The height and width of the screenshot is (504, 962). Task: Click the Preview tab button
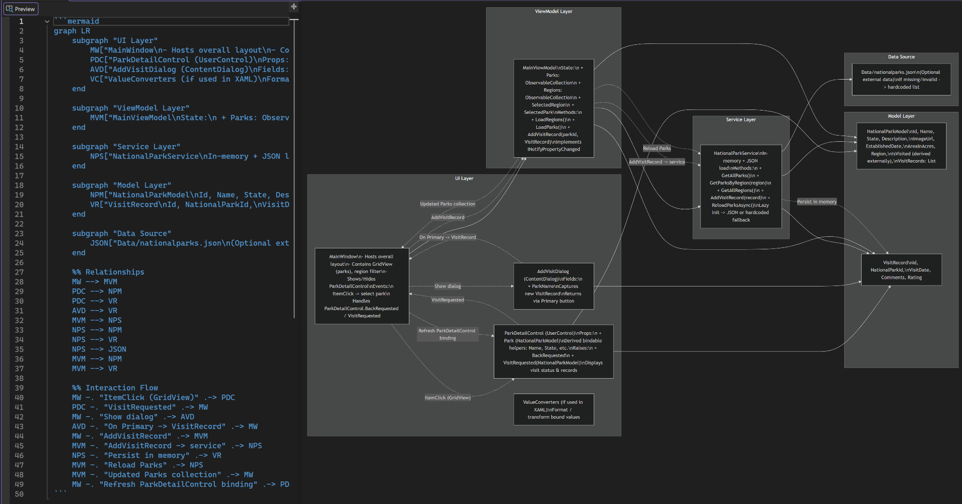(x=21, y=9)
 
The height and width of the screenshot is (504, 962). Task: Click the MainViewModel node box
(x=554, y=109)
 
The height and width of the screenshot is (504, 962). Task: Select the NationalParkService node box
(x=741, y=186)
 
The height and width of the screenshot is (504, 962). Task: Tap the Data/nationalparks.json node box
(x=901, y=80)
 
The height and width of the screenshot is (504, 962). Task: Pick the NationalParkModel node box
(x=901, y=146)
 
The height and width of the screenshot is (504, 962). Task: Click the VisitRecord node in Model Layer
(x=901, y=270)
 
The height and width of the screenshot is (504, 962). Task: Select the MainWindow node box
(x=362, y=286)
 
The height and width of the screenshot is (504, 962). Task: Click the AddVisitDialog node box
(x=554, y=286)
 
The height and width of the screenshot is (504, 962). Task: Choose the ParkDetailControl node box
(x=554, y=352)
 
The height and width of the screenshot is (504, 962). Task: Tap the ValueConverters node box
(x=554, y=409)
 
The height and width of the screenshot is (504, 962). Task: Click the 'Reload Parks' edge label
(x=656, y=149)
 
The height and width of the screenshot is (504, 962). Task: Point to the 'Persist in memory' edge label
(x=817, y=202)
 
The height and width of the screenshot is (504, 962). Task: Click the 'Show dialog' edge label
(x=447, y=286)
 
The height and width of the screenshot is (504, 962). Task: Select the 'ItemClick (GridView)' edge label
(x=447, y=398)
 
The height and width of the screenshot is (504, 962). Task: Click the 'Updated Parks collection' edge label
(x=447, y=204)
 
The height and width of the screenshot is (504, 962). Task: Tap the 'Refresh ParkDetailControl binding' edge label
(x=447, y=334)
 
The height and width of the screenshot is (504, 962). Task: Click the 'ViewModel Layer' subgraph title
(x=554, y=12)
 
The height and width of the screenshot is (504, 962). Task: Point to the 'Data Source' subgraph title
(x=901, y=57)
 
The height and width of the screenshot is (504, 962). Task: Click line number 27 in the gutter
(x=19, y=272)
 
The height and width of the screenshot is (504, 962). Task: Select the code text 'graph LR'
(x=72, y=31)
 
